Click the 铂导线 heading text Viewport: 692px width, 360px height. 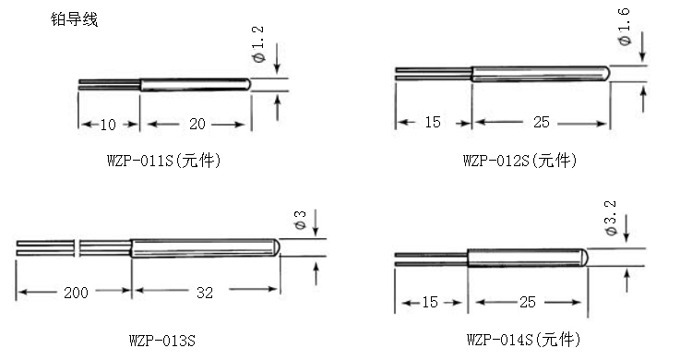[74, 20]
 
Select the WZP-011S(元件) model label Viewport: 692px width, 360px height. [163, 160]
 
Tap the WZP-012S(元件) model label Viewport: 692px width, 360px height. [519, 160]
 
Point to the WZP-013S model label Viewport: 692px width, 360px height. [162, 341]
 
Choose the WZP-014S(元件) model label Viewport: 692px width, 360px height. [523, 340]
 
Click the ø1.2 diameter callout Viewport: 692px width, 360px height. [258, 44]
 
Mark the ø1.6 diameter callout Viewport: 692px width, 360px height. [624, 27]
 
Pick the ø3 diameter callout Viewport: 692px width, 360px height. [300, 220]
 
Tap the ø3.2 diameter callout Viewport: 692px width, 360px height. [611, 218]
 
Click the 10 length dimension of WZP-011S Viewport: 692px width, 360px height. [108, 125]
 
